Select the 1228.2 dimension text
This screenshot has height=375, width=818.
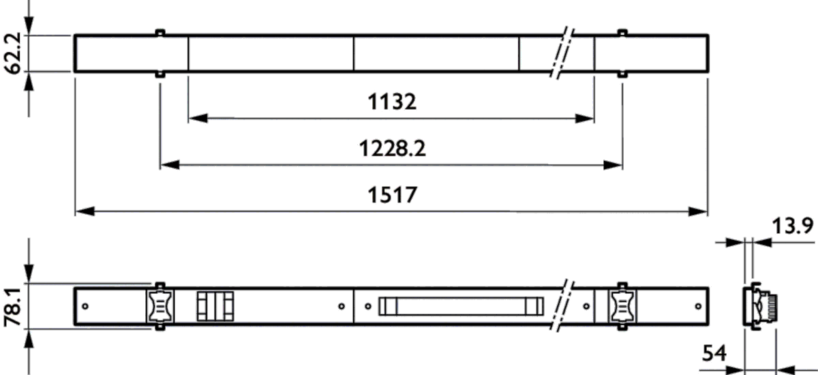[x=392, y=149]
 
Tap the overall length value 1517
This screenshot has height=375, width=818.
[x=392, y=195]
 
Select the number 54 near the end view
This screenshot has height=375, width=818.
[x=714, y=354]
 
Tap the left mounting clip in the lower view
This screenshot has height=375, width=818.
[x=159, y=306]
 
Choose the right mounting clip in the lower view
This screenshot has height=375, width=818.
[x=622, y=306]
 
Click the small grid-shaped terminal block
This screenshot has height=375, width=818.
[x=215, y=306]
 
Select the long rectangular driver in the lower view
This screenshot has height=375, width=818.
[x=461, y=306]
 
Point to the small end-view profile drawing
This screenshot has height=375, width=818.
[x=761, y=306]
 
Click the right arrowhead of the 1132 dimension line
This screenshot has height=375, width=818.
[x=587, y=119]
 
